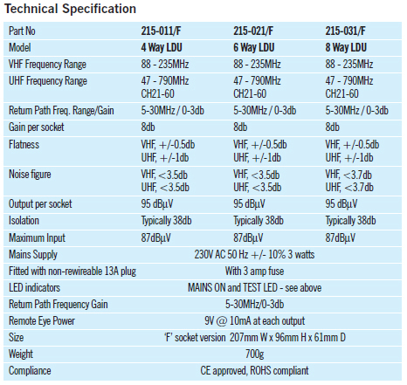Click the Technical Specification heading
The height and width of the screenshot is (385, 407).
pyautogui.click(x=70, y=9)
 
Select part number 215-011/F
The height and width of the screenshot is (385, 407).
pyautogui.click(x=161, y=31)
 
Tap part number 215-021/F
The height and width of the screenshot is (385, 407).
pyautogui.click(x=253, y=31)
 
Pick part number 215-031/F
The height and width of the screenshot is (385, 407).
pyautogui.click(x=345, y=31)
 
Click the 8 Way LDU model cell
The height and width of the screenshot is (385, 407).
pyautogui.click(x=346, y=47)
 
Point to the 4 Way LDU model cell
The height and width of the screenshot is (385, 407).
pyautogui.click(x=162, y=47)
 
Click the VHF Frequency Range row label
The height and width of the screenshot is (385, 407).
pyautogui.click(x=47, y=65)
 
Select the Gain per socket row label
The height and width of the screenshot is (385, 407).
pyautogui.click(x=37, y=127)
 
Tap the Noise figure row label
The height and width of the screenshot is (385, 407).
pyautogui.click(x=30, y=175)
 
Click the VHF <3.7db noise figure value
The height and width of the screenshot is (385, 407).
pyautogui.click(x=348, y=175)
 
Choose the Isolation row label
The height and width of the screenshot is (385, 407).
pyautogui.click(x=24, y=221)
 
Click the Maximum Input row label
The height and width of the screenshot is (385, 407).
pyautogui.click(x=37, y=237)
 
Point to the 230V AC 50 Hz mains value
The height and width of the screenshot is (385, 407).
pyautogui.click(x=254, y=255)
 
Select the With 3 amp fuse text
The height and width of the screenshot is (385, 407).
pyautogui.click(x=254, y=272)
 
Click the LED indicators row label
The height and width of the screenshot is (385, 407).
pyautogui.click(x=34, y=288)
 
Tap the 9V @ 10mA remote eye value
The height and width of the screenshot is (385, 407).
pyautogui.click(x=254, y=321)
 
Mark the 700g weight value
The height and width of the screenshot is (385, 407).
pyautogui.click(x=254, y=354)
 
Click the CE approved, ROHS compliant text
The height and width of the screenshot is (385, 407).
pyautogui.click(x=254, y=371)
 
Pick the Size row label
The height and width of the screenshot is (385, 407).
pyautogui.click(x=16, y=338)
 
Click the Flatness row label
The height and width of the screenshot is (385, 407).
pyautogui.click(x=24, y=145)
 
